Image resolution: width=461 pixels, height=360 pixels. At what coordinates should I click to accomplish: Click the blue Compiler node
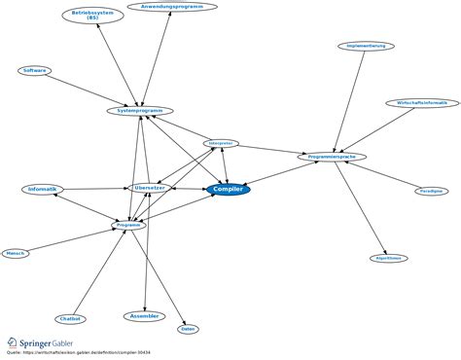tap(228, 189)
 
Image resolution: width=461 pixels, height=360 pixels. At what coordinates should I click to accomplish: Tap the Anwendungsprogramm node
tap(170, 6)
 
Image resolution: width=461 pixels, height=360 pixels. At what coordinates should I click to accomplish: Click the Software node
tap(35, 70)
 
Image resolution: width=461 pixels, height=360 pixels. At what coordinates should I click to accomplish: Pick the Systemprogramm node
tap(140, 111)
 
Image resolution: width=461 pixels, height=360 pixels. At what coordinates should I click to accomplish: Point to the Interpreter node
tap(220, 143)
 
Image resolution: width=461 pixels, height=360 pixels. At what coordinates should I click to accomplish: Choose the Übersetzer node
tap(150, 187)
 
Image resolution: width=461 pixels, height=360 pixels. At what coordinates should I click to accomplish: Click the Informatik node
tap(43, 189)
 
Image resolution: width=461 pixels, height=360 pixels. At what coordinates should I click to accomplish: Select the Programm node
tap(129, 225)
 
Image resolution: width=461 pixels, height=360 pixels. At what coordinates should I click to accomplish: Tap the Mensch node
tap(16, 253)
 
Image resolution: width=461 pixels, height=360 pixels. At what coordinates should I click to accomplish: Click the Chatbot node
tap(70, 318)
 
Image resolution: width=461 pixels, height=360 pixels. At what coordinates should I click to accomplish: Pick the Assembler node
tap(144, 316)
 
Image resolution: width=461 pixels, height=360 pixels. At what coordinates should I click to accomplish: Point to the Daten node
tap(189, 329)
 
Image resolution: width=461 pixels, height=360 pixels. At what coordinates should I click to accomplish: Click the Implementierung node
tap(367, 46)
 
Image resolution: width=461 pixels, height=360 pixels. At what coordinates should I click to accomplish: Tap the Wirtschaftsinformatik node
tap(416, 102)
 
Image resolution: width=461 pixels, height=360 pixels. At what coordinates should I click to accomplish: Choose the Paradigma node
tap(432, 192)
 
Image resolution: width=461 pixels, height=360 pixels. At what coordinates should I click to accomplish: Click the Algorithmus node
tap(388, 258)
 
